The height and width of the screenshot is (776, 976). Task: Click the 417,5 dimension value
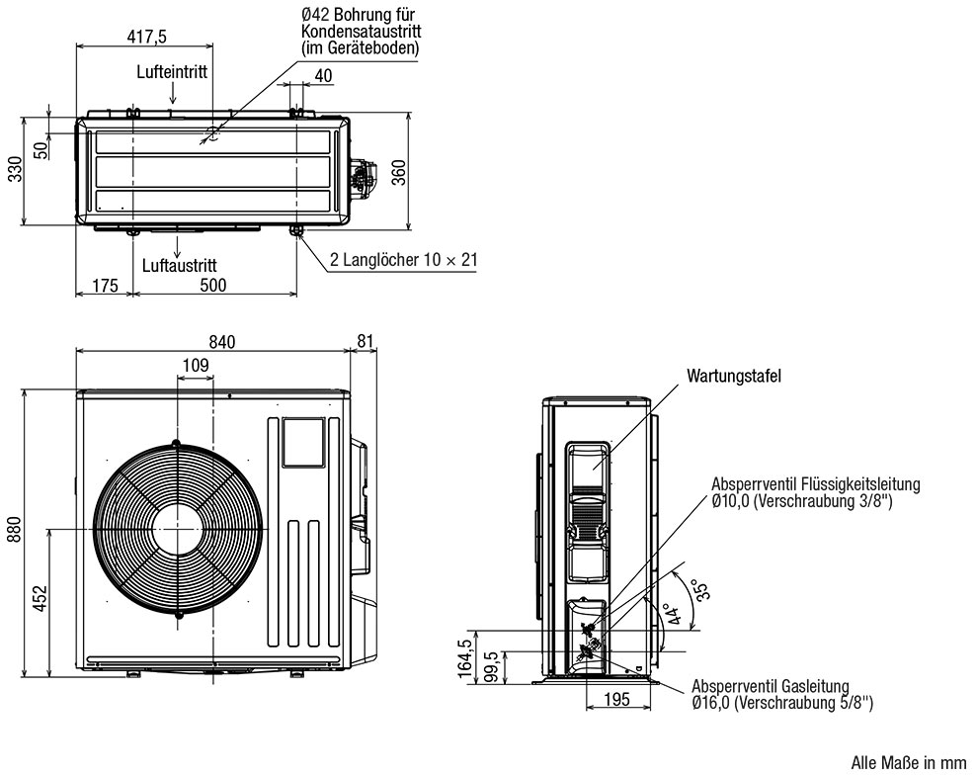point(146,37)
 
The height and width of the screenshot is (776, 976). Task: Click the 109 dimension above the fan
point(195,367)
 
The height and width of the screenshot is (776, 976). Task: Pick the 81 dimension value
point(365,342)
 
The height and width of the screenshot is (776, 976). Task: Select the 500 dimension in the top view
point(212,286)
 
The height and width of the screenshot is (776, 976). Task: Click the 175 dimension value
point(104,286)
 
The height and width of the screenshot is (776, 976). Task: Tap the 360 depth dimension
point(398,170)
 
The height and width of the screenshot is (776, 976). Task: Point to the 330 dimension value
point(14,170)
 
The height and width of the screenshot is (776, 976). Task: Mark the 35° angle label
point(697,591)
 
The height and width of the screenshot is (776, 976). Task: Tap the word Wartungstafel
point(734,376)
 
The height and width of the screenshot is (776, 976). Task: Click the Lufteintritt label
point(172,72)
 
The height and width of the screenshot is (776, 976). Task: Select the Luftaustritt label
point(179,265)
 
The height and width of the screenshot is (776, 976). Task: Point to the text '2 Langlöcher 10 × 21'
point(403,260)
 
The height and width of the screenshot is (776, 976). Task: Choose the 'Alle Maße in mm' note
point(908,763)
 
